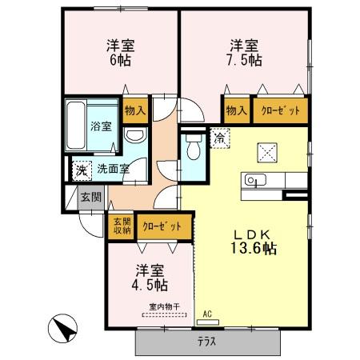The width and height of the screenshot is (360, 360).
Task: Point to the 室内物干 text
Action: [x=162, y=306]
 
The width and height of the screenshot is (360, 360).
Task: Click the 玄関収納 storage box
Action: [x=121, y=226]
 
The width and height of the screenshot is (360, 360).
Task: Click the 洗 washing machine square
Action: [x=81, y=170]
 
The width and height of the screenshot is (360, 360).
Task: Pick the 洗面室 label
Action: [x=114, y=169]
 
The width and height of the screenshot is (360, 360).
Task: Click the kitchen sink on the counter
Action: [x=254, y=179]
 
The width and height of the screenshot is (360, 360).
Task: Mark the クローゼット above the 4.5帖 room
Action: [x=163, y=226]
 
